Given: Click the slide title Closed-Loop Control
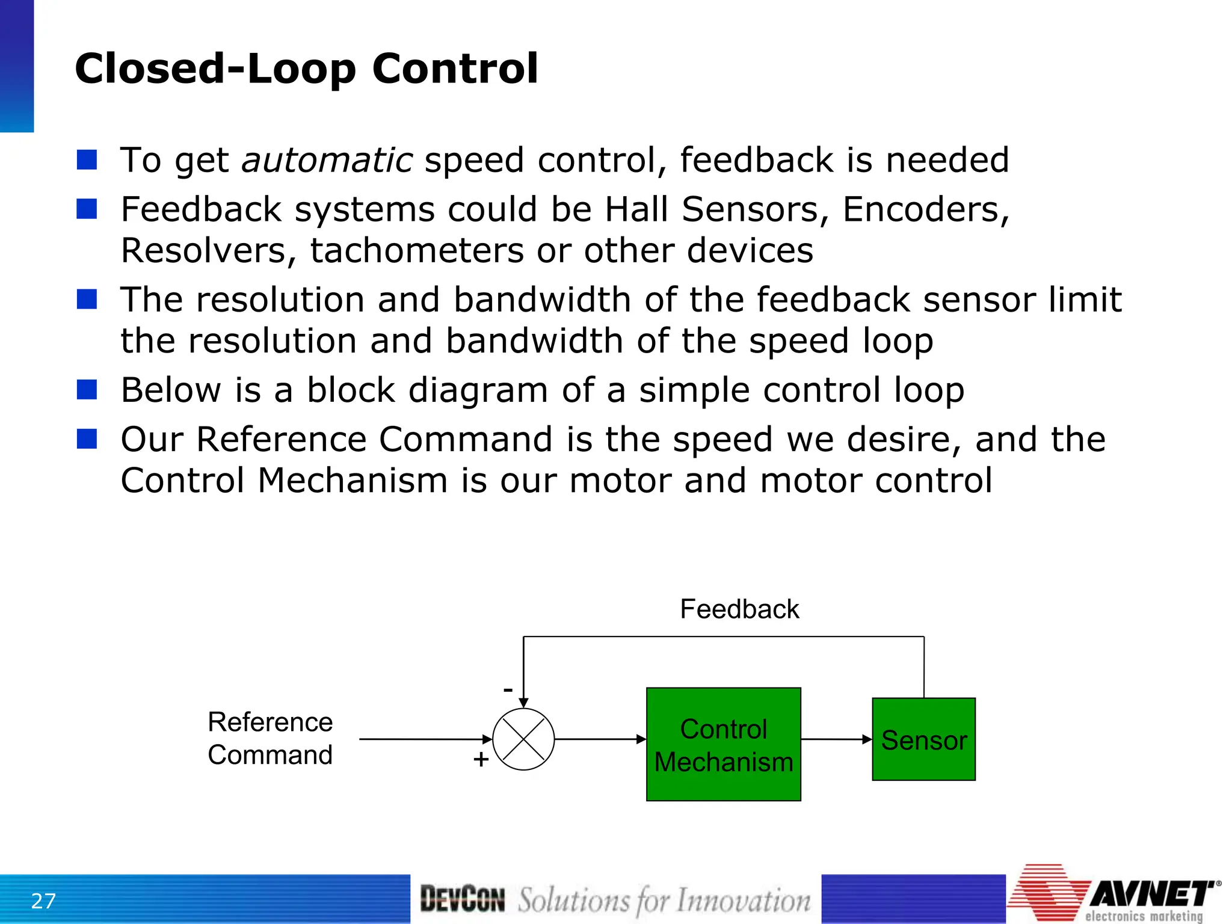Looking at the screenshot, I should point(306,69).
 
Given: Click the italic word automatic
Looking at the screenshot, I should point(327,161).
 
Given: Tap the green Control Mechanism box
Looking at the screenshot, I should point(723,744).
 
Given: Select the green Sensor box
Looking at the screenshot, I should point(923,739).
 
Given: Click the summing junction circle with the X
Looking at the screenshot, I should point(523,739).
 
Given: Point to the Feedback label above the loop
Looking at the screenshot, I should point(739,609).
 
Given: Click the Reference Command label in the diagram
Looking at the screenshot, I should point(270,738).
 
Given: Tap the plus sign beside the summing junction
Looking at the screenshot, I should point(481,759).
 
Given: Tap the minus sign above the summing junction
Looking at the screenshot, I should point(508,689).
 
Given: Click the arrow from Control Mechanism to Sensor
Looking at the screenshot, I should point(836,739).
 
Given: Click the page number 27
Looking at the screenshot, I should point(43,901).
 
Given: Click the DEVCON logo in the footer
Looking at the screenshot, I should point(462,899).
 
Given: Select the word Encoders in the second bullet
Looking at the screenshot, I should point(925,210).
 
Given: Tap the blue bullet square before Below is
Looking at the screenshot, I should point(87,390).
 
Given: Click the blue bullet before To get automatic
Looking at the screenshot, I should point(87,160).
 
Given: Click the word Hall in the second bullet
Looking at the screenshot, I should point(636,210).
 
